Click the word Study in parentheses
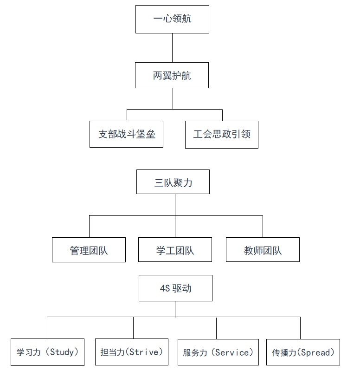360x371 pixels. [62, 352]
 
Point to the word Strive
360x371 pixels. [144, 352]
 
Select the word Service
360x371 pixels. [232, 352]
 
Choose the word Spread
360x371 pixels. [315, 352]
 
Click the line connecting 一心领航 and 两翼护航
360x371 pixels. [172, 48]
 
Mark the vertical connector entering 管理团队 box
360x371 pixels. [90, 226]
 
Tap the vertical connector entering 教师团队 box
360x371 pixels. [263, 227]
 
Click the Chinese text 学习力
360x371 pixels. [28, 352]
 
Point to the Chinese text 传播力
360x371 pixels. [284, 353]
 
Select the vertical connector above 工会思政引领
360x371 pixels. [222, 115]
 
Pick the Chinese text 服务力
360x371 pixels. [195, 353]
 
